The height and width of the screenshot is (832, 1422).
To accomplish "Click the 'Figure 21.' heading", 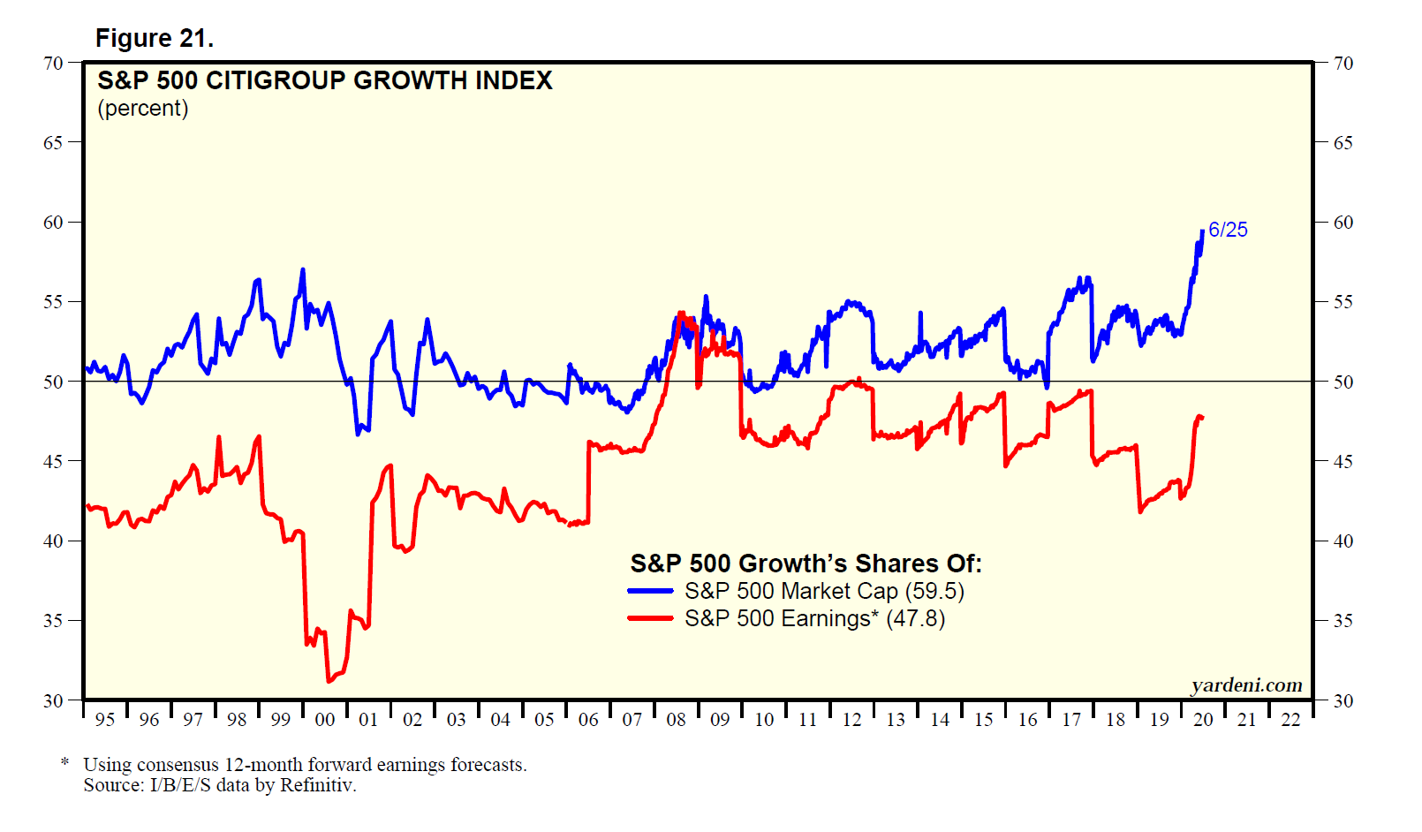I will point(155,39).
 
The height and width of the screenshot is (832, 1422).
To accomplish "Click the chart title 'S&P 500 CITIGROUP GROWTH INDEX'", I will point(324,81).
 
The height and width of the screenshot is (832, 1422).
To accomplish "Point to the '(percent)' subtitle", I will point(143,109).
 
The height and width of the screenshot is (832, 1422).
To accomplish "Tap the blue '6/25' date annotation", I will point(1228,230).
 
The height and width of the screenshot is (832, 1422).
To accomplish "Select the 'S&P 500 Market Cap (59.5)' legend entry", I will point(824,591).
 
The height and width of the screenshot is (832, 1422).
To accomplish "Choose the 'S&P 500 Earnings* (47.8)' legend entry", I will point(814,618).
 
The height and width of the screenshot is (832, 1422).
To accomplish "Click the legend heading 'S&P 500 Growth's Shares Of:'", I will point(806,563).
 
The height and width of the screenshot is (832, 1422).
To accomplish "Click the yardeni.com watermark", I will point(1246,685).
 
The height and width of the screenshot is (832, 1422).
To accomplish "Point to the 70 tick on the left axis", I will point(53,63).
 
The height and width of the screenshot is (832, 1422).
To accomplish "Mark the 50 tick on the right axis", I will point(1343,382).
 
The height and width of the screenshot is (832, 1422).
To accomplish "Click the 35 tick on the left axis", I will point(53,621).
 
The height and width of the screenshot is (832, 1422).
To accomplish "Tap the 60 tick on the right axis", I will point(1343,223).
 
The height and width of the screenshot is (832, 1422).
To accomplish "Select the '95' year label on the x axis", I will point(105,720).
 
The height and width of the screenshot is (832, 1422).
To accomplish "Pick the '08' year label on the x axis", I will point(676,720).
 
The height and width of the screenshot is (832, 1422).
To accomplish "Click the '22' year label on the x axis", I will point(1290,720).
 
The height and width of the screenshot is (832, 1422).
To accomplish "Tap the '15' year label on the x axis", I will point(983,720).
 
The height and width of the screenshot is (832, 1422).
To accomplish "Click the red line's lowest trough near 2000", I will point(329,681).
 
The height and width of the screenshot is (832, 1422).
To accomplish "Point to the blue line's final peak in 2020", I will point(1202,231).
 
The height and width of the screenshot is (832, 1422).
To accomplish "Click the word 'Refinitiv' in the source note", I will point(316,785).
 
